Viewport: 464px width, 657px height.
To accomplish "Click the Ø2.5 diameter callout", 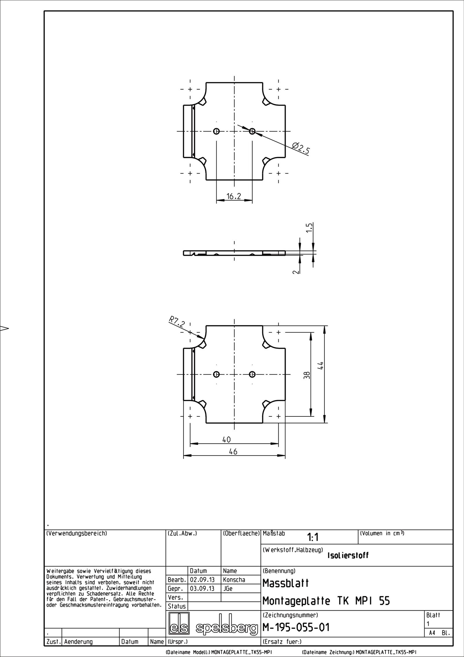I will click(301, 148).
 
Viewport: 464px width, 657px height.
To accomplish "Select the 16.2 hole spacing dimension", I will click(234, 197).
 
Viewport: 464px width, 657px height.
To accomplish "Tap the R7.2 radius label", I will click(177, 322).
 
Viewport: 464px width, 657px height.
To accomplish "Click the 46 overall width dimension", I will click(233, 460).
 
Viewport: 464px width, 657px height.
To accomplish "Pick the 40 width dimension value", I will click(226, 448).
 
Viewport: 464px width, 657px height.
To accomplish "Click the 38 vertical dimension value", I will click(308, 375).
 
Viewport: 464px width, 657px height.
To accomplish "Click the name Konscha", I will click(234, 580).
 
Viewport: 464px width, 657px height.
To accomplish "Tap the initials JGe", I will click(228, 589).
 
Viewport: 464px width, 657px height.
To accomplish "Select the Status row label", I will click(177, 606).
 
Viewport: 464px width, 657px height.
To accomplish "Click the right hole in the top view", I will click(252, 131).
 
